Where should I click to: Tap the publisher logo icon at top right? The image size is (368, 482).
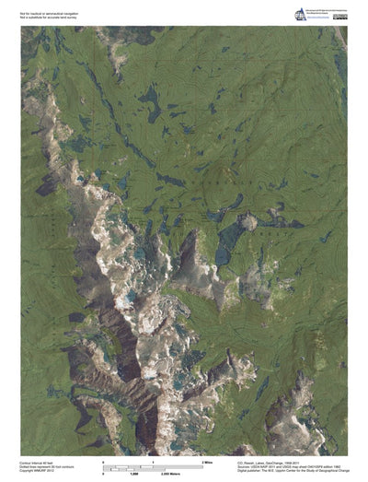tap(299, 14)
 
